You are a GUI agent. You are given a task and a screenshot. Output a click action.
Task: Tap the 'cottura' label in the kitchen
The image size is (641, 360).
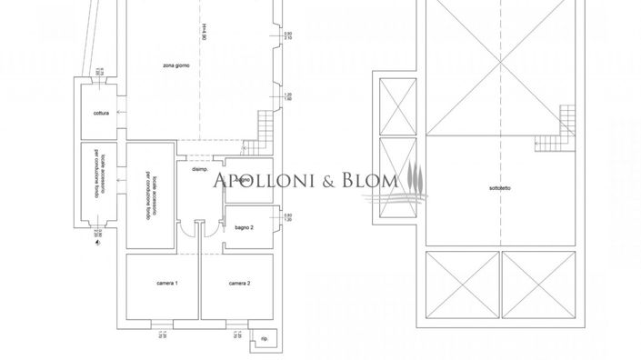click(101, 113)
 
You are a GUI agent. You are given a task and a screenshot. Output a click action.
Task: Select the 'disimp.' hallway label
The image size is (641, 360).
click(200, 170)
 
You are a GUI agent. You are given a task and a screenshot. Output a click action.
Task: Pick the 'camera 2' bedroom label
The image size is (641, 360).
click(239, 284)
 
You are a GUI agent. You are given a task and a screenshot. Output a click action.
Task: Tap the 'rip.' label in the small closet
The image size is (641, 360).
click(263, 341)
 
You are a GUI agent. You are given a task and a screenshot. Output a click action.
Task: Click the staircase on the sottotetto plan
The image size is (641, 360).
click(550, 142)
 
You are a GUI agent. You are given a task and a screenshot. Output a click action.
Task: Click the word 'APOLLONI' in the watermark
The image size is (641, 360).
click(262, 181)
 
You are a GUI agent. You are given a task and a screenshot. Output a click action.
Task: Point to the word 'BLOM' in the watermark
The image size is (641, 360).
click(369, 181)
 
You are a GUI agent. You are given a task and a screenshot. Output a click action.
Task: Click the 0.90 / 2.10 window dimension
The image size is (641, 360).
click(288, 36)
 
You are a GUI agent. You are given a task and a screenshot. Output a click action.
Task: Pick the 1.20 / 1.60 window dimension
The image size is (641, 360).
click(288, 98)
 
